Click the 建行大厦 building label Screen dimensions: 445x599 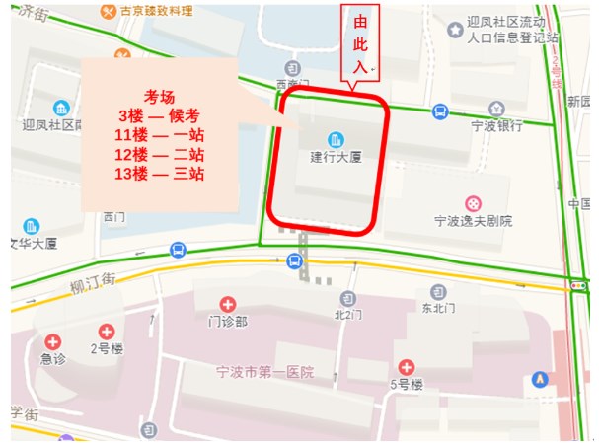tap(332, 157)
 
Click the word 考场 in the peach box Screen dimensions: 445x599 tap(159, 96)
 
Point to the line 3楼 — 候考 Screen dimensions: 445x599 tap(159, 115)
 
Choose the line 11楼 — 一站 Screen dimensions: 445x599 tap(159, 135)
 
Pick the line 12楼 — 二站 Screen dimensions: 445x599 tap(159, 154)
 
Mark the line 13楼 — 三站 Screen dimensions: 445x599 tap(159, 174)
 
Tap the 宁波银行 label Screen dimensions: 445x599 tap(496, 126)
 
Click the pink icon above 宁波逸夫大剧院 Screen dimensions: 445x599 tap(473, 203)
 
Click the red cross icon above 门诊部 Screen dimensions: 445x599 tap(228, 304)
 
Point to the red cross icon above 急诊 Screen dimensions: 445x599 tap(52, 341)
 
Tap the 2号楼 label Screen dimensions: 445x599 tap(107, 348)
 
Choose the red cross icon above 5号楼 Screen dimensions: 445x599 tap(405, 367)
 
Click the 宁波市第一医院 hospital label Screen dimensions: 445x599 tap(264, 372)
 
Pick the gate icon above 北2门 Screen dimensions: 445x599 tap(347, 298)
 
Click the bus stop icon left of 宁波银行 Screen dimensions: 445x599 tap(440, 112)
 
